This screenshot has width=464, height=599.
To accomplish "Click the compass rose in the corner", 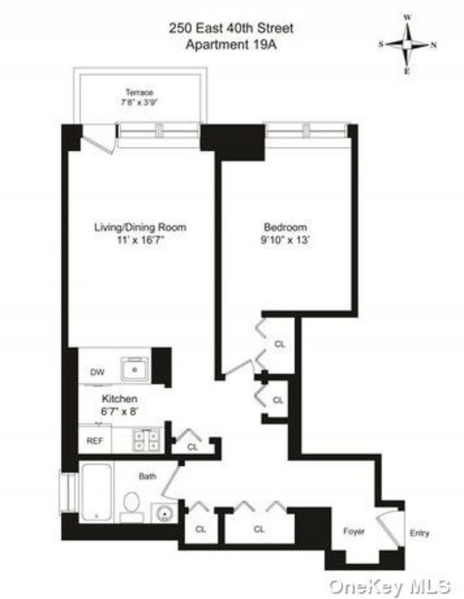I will click(x=407, y=44).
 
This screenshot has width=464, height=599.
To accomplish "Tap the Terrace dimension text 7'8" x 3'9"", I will click(x=140, y=103).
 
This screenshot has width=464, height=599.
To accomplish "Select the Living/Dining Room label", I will click(x=140, y=227).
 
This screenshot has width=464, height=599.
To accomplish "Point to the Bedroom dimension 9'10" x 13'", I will click(x=285, y=240).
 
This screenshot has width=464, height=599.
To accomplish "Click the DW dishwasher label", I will click(x=97, y=372).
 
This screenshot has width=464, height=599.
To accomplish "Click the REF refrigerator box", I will click(x=95, y=440).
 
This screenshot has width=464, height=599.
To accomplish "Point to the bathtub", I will click(x=97, y=492).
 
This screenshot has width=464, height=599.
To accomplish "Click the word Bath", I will click(x=147, y=476).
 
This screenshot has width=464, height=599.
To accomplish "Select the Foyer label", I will click(x=354, y=532).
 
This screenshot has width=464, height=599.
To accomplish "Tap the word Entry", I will click(x=420, y=533).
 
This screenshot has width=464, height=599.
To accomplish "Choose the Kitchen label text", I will click(x=119, y=398).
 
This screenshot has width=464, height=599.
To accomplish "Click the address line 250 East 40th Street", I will click(x=231, y=28).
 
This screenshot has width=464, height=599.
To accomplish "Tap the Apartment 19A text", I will click(x=231, y=44).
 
